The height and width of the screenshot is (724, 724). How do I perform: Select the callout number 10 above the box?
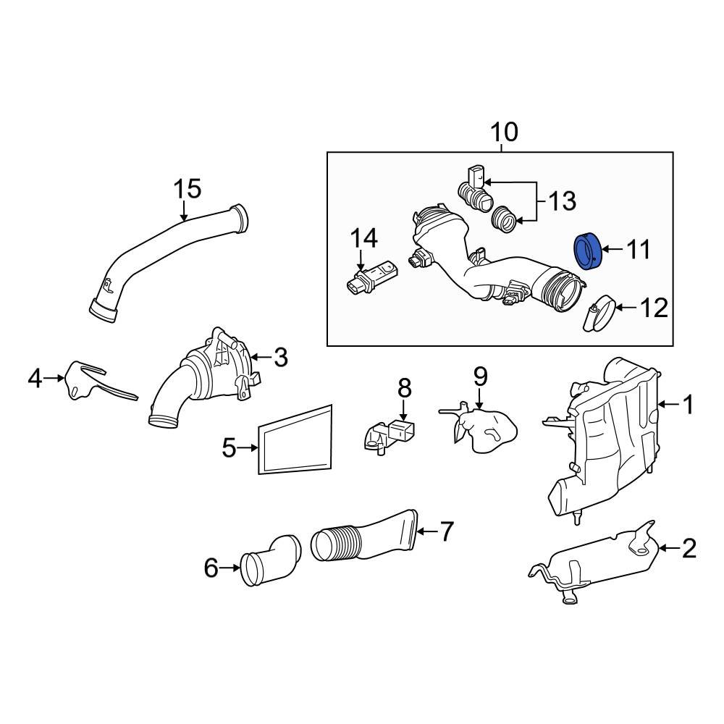click(x=504, y=133)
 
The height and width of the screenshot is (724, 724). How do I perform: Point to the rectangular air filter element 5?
click(x=295, y=439)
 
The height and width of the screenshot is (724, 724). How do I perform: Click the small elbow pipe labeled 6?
click(x=269, y=560)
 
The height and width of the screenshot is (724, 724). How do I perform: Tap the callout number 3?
click(x=280, y=356)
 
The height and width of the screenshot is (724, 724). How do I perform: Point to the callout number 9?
click(x=480, y=377)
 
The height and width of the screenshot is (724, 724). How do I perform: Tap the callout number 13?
click(x=563, y=200)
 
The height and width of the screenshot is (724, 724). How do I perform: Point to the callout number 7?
click(x=446, y=532)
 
